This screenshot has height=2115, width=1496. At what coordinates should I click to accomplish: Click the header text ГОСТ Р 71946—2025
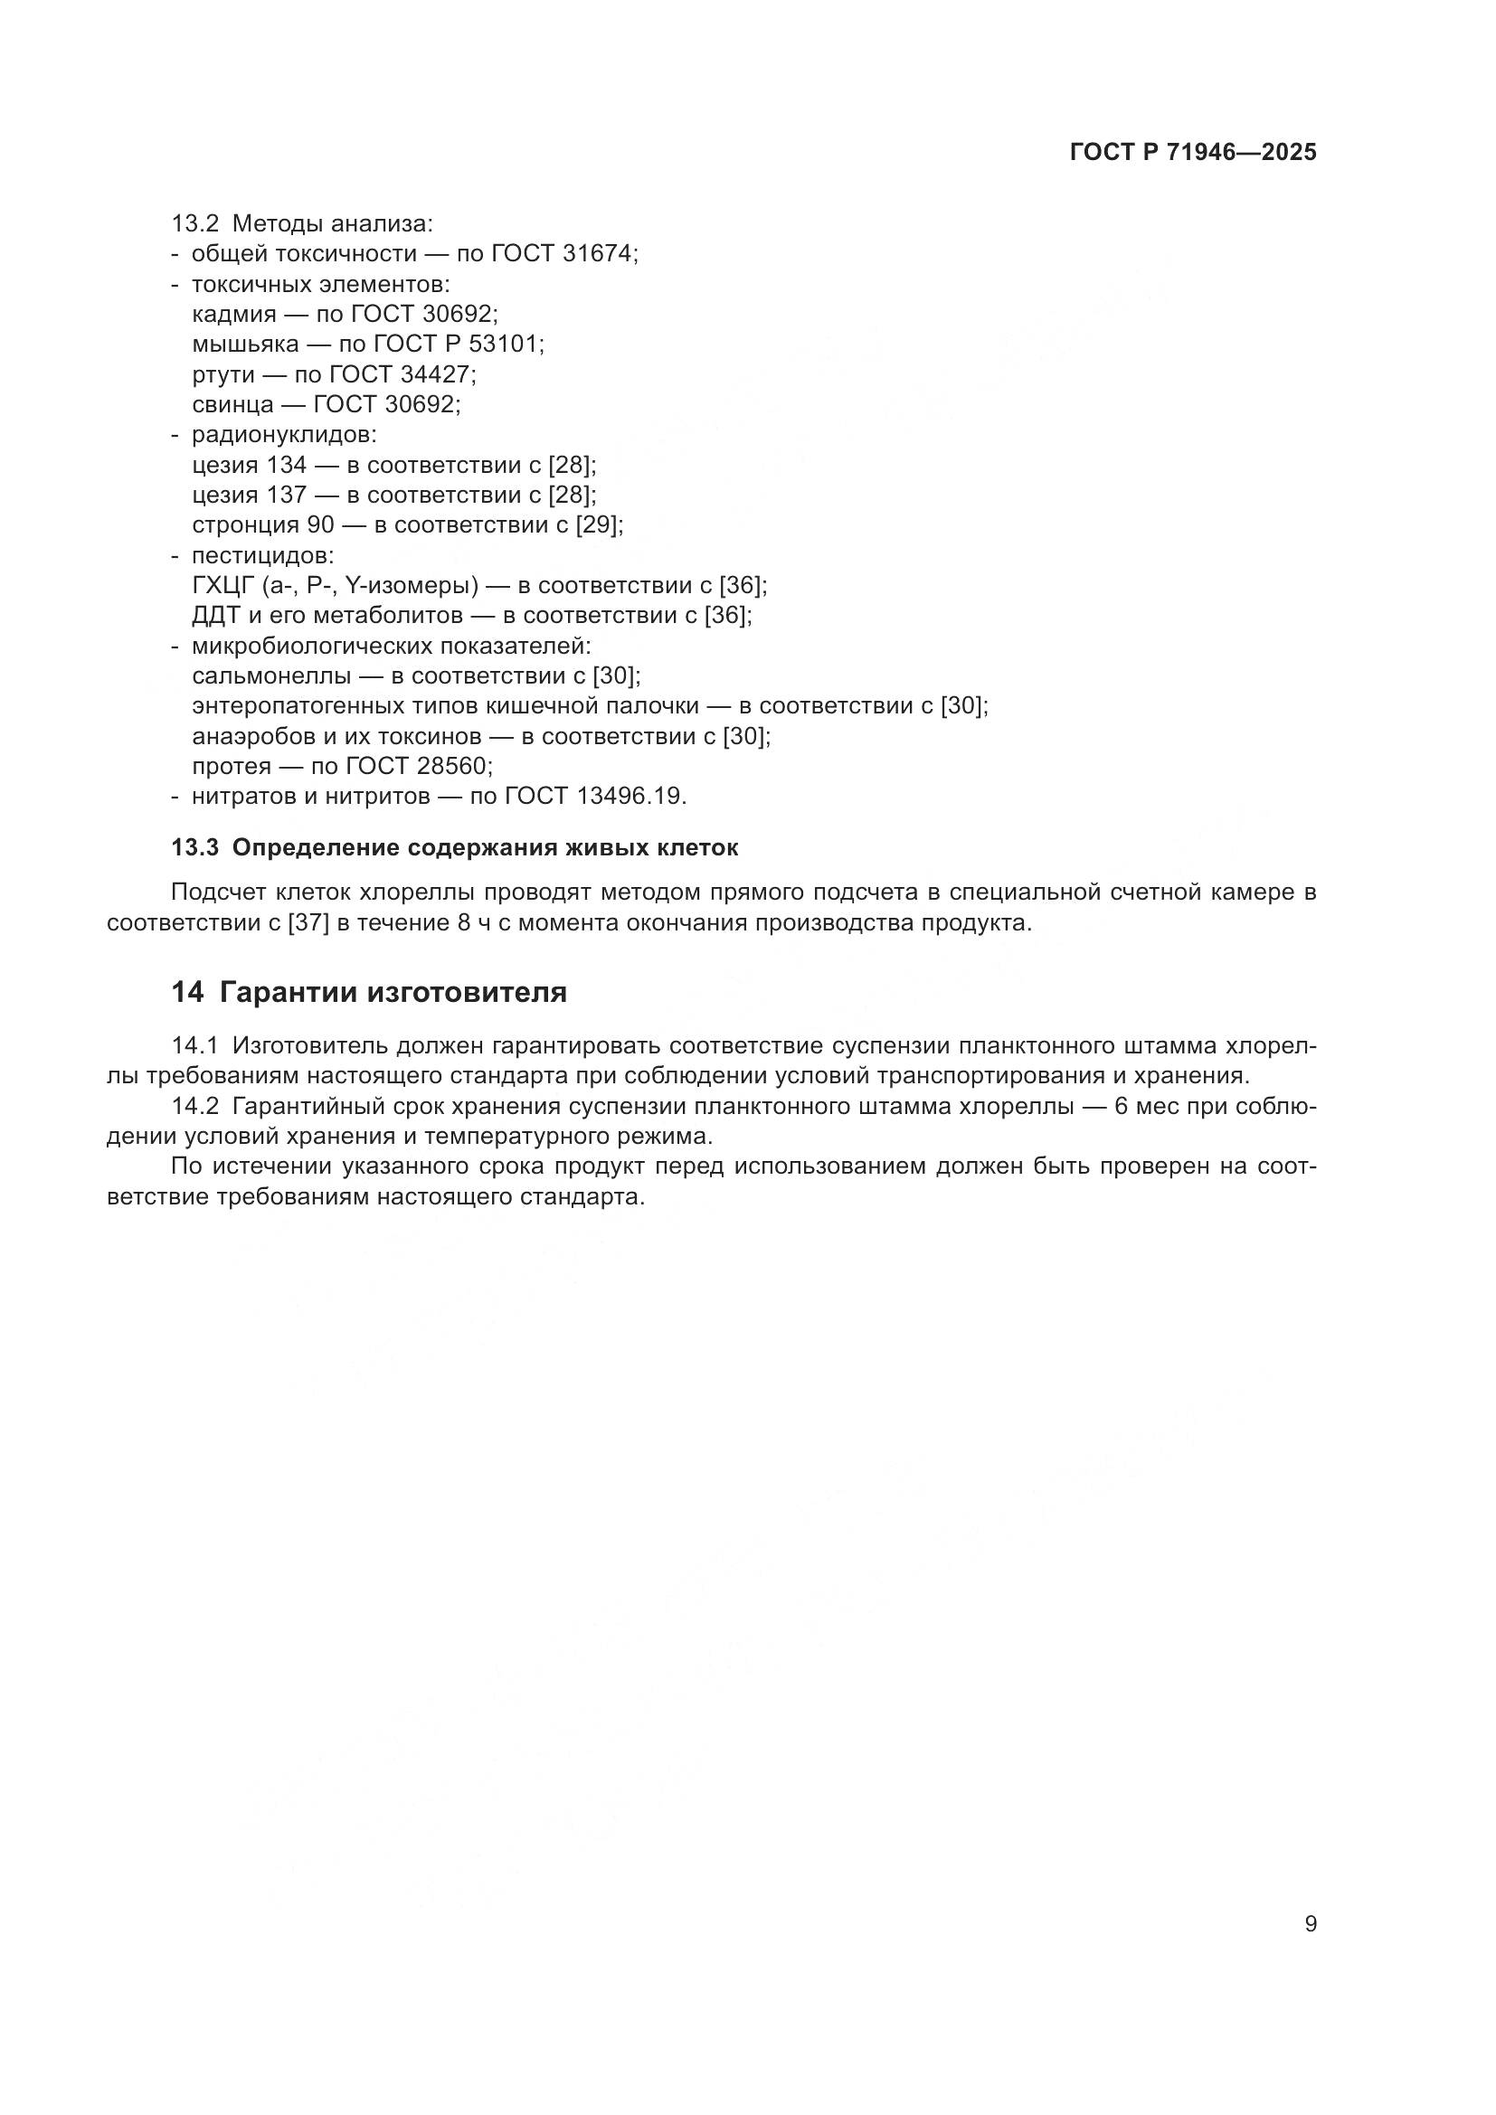(x=1193, y=153)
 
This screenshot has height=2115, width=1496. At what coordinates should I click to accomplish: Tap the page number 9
(x=1311, y=1923)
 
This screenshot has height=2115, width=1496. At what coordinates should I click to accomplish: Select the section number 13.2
(x=194, y=223)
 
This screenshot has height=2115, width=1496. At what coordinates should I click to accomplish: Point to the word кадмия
(x=234, y=314)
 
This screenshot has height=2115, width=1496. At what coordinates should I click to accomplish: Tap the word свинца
(x=233, y=404)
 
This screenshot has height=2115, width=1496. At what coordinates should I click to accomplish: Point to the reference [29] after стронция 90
(x=599, y=525)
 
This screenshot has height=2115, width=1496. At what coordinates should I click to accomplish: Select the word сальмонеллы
(x=271, y=676)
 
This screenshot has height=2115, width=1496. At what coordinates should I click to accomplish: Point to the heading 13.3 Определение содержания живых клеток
(x=454, y=848)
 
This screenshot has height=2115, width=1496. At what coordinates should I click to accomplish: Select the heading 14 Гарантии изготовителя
(x=368, y=992)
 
